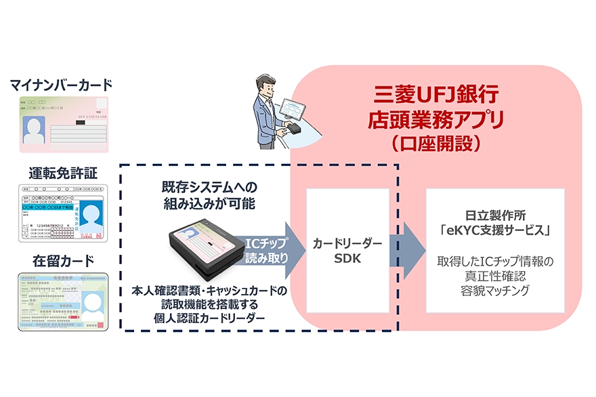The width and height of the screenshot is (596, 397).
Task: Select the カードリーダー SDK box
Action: [348, 251]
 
